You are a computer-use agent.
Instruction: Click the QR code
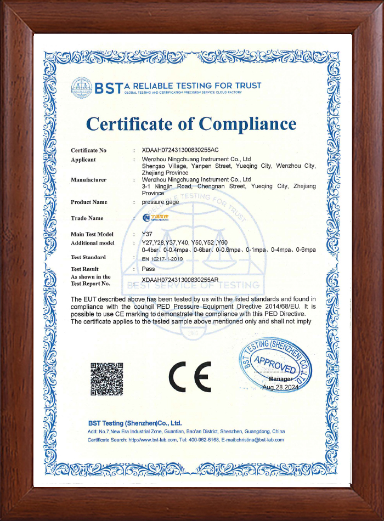(106, 379)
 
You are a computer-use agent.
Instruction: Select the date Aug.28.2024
(280, 387)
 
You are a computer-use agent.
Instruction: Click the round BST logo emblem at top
(81, 87)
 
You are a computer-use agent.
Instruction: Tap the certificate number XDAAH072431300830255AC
(180, 150)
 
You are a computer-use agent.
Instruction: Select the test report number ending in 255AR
(180, 280)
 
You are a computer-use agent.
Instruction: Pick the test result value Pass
(148, 269)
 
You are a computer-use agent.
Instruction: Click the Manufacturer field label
(88, 179)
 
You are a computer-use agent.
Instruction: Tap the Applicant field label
(83, 160)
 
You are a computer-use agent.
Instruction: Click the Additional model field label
(93, 242)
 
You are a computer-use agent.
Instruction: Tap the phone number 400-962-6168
(205, 440)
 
